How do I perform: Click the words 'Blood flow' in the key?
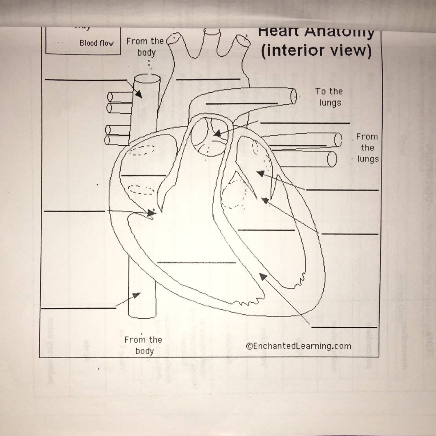pyautogui.click(x=96, y=43)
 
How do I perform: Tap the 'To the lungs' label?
pyautogui.click(x=329, y=97)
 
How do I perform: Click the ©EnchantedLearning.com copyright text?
pyautogui.click(x=298, y=346)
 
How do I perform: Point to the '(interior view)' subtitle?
pyautogui.click(x=316, y=51)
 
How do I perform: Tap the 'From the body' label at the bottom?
pyautogui.click(x=144, y=345)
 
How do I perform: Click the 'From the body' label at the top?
pyautogui.click(x=145, y=47)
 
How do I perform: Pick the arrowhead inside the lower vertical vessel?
pyautogui.click(x=137, y=295)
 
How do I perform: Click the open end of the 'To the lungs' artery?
pyautogui.click(x=294, y=96)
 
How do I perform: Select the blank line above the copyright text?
pyautogui.click(x=344, y=327)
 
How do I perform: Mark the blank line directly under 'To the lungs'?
pyautogui.click(x=305, y=123)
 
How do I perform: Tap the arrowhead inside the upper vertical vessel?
pyautogui.click(x=138, y=94)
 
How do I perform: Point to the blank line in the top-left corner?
pyautogui.click(x=86, y=80)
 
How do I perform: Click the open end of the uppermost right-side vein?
pyautogui.click(x=338, y=139)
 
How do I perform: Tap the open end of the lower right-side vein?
pyautogui.click(x=331, y=159)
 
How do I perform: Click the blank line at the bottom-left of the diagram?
pyautogui.click(x=79, y=308)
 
